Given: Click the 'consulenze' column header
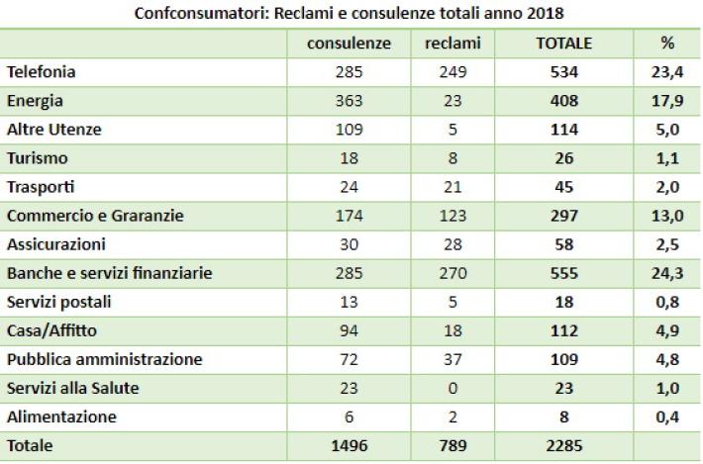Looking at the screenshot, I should coord(349,44).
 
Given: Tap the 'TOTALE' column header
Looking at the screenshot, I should coord(563,44).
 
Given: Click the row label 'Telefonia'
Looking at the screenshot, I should coord(42,72).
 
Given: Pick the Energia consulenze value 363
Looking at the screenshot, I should coord(349,101).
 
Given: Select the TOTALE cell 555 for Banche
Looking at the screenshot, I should coord(563,273).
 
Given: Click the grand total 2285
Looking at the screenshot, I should coord(563,446).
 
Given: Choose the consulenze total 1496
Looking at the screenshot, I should coord(349,446).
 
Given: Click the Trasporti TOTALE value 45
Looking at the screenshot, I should coord(563,187).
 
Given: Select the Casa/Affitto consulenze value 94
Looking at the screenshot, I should coord(349,330).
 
